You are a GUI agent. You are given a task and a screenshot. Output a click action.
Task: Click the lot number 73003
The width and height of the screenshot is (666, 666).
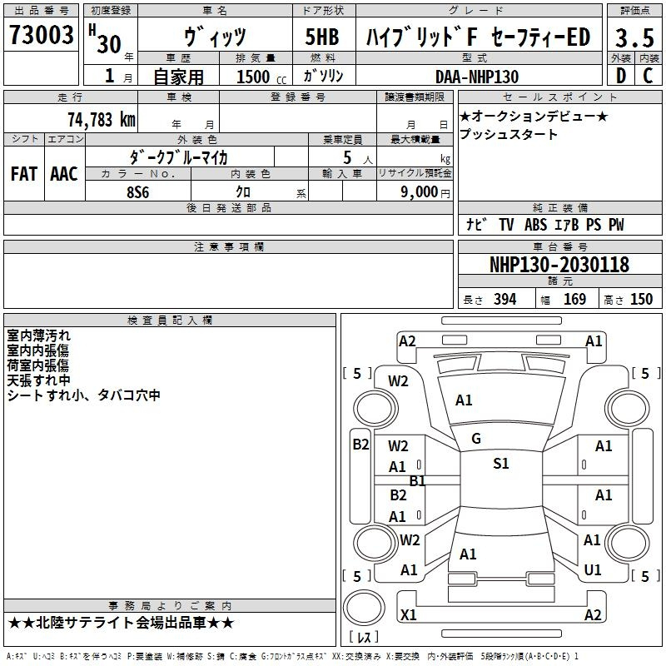41,34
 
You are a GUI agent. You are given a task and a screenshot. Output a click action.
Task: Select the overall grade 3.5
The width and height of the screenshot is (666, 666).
634,37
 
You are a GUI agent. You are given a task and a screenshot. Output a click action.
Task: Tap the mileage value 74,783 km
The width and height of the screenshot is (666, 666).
102,120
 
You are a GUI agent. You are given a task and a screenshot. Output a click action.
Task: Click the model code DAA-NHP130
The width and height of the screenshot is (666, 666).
477,77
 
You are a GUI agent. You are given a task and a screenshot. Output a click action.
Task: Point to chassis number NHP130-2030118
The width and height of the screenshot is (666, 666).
559,265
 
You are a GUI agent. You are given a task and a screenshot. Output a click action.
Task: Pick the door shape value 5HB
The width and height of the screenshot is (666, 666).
322,37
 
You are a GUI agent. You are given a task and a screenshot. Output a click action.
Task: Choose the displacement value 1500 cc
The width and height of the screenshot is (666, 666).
261,77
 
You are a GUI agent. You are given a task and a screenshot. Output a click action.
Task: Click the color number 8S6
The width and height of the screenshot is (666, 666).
138,192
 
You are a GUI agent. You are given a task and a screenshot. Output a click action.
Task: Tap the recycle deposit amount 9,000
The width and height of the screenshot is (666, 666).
420,191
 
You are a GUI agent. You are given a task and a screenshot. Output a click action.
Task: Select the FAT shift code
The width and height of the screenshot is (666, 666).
24,174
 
